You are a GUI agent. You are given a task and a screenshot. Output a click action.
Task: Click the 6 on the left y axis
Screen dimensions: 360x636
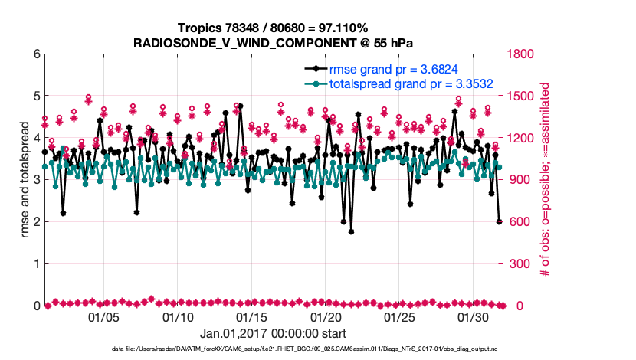[36, 54]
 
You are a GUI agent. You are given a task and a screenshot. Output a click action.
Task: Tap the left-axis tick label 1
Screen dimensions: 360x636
[36, 264]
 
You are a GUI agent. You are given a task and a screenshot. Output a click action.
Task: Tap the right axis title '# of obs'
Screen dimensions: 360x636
[546, 180]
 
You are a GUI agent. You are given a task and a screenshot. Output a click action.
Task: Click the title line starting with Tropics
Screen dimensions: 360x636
[273, 28]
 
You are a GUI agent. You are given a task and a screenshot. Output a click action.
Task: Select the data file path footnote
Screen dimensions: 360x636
[273, 349]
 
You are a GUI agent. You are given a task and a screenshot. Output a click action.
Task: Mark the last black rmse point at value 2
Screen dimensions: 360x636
[499, 222]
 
